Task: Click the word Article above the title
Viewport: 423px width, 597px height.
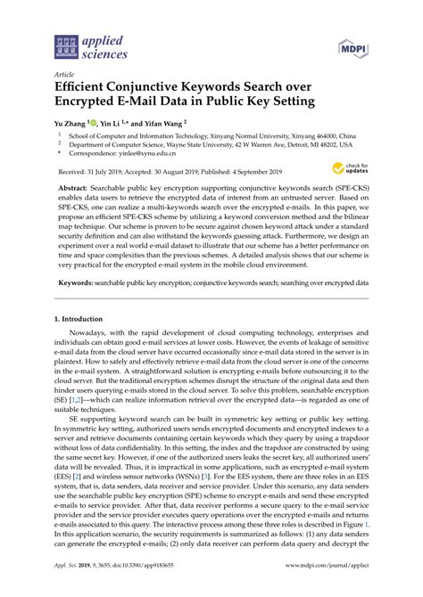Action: [x=65, y=78]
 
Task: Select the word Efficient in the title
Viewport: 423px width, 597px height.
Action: [x=84, y=89]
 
